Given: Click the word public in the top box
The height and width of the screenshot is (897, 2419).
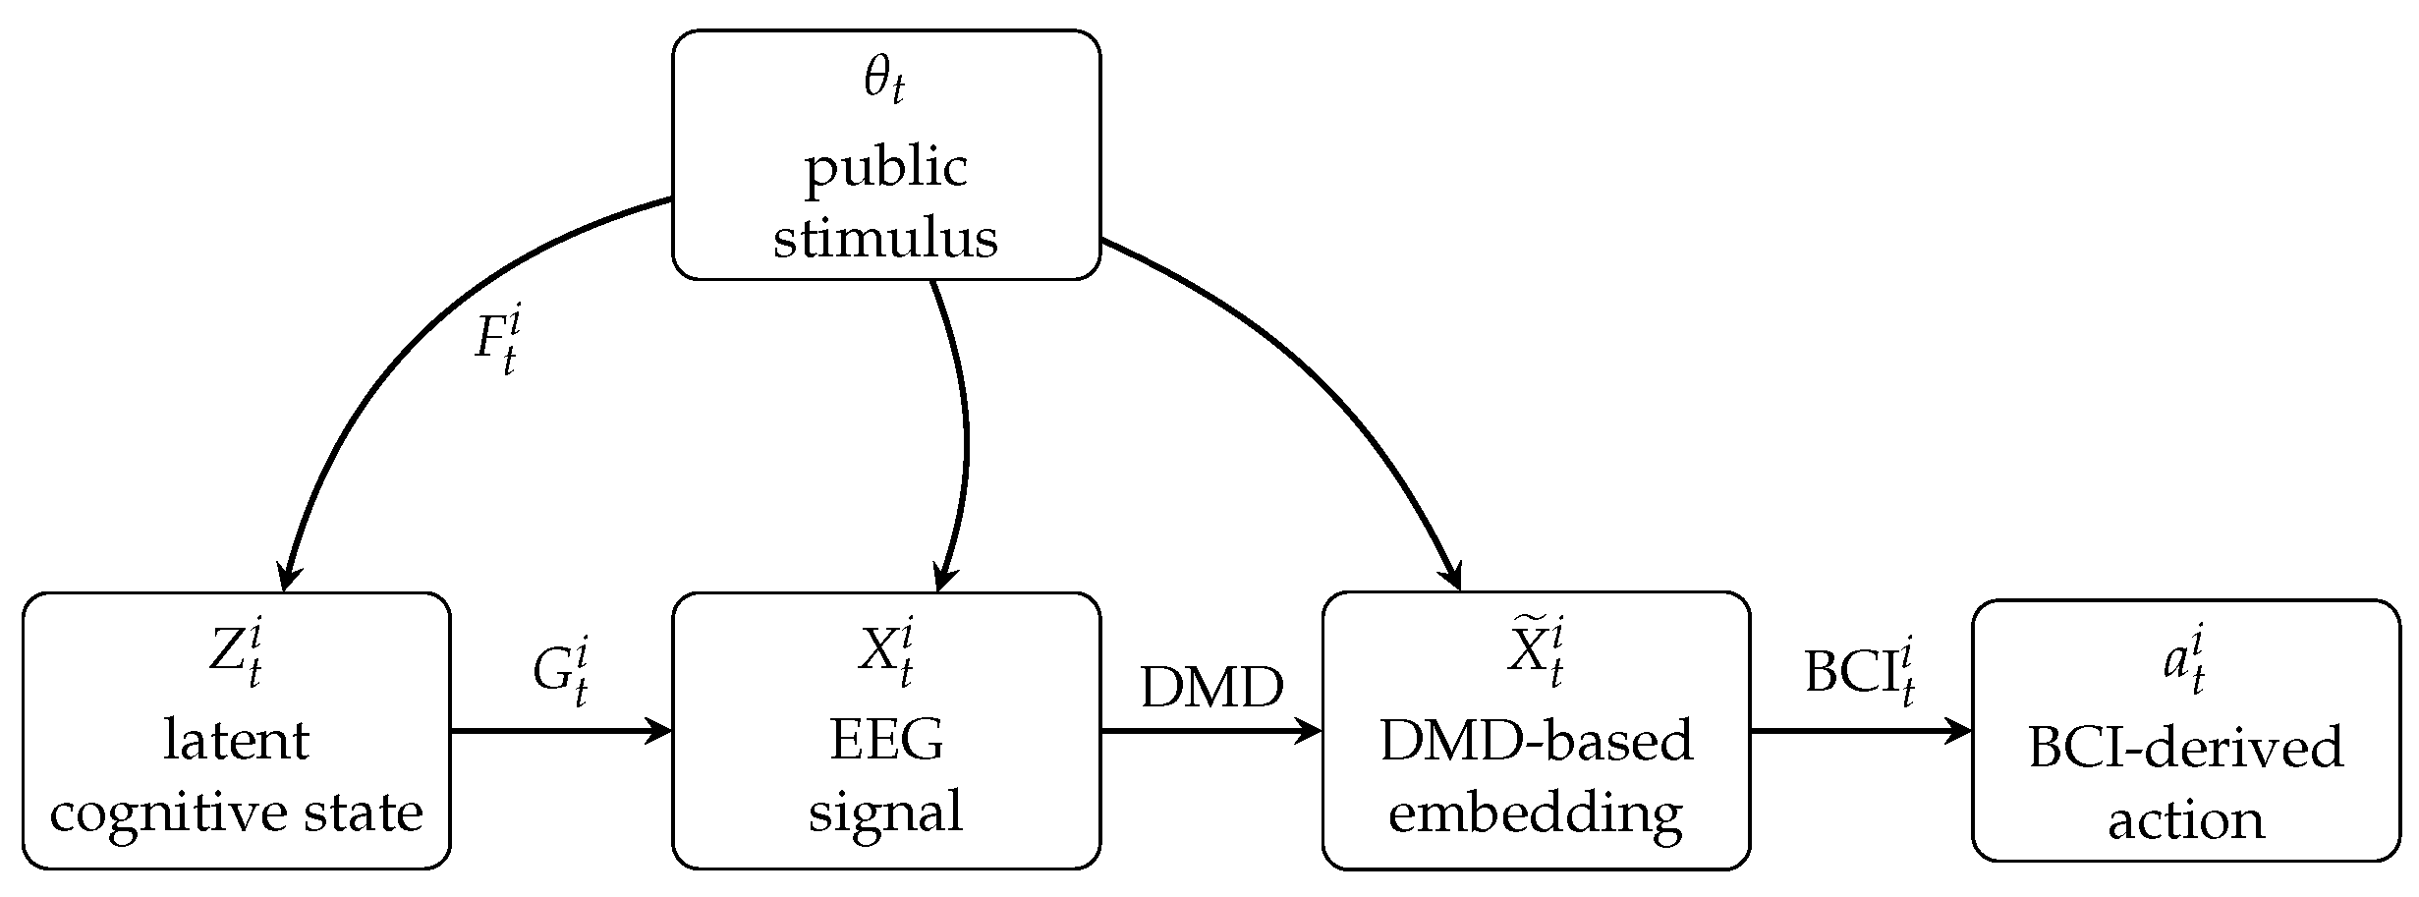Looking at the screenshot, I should coord(886,168).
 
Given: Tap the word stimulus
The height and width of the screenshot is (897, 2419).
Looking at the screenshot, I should coord(886,239).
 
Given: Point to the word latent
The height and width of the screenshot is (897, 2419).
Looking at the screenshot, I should coord(236,740).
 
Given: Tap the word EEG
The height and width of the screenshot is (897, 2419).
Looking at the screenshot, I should coord(886,740).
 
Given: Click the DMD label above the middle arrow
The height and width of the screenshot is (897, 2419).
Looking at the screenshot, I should coord(1211,687).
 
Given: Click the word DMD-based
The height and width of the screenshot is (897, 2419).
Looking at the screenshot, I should coord(1537,740).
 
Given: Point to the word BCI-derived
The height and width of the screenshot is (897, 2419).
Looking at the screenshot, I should coord(2185,748).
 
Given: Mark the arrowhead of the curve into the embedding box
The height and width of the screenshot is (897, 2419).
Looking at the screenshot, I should coord(1453,577).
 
